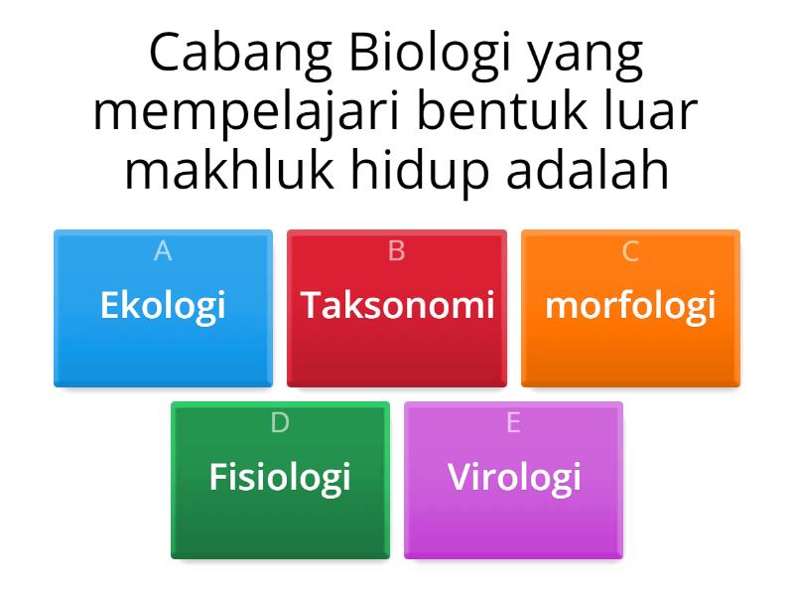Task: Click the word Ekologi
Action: tap(163, 305)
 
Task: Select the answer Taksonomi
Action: tap(397, 305)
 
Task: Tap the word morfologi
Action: tap(630, 305)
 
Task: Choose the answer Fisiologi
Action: tap(280, 477)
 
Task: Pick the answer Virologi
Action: tap(513, 477)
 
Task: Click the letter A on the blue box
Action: tap(163, 252)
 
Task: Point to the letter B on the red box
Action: tap(397, 252)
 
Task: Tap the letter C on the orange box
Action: tap(630, 252)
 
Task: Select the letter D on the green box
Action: tap(280, 423)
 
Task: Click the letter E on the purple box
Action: tap(513, 423)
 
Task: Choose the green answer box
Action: tap(280, 526)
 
